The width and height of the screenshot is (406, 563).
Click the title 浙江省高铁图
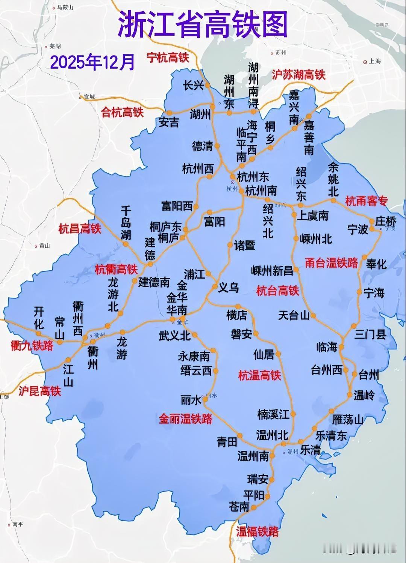203,25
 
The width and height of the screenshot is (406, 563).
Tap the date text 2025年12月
92,62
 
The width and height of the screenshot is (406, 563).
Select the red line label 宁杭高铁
168,57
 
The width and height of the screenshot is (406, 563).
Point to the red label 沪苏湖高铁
298,75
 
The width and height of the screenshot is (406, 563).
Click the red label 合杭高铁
122,112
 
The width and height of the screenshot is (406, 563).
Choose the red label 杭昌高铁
80,229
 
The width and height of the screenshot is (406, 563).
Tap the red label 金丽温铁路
185,419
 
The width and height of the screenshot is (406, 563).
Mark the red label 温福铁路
258,531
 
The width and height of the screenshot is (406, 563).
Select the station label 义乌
229,288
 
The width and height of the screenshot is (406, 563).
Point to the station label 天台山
294,315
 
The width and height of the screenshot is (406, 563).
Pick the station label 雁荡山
348,419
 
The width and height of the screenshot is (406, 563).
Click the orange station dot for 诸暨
230,245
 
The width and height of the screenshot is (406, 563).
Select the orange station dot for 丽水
205,400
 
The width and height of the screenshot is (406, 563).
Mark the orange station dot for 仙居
278,354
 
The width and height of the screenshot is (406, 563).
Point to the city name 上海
374,61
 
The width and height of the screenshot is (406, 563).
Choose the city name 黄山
44,246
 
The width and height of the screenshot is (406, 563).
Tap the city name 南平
17,524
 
